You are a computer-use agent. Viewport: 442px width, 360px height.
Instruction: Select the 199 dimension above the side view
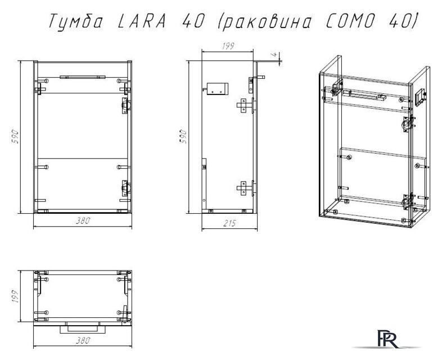(x=227, y=47)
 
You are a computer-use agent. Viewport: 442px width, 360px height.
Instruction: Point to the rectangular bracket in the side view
(x=217, y=88)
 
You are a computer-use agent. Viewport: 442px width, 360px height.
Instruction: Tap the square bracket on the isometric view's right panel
(x=419, y=96)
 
